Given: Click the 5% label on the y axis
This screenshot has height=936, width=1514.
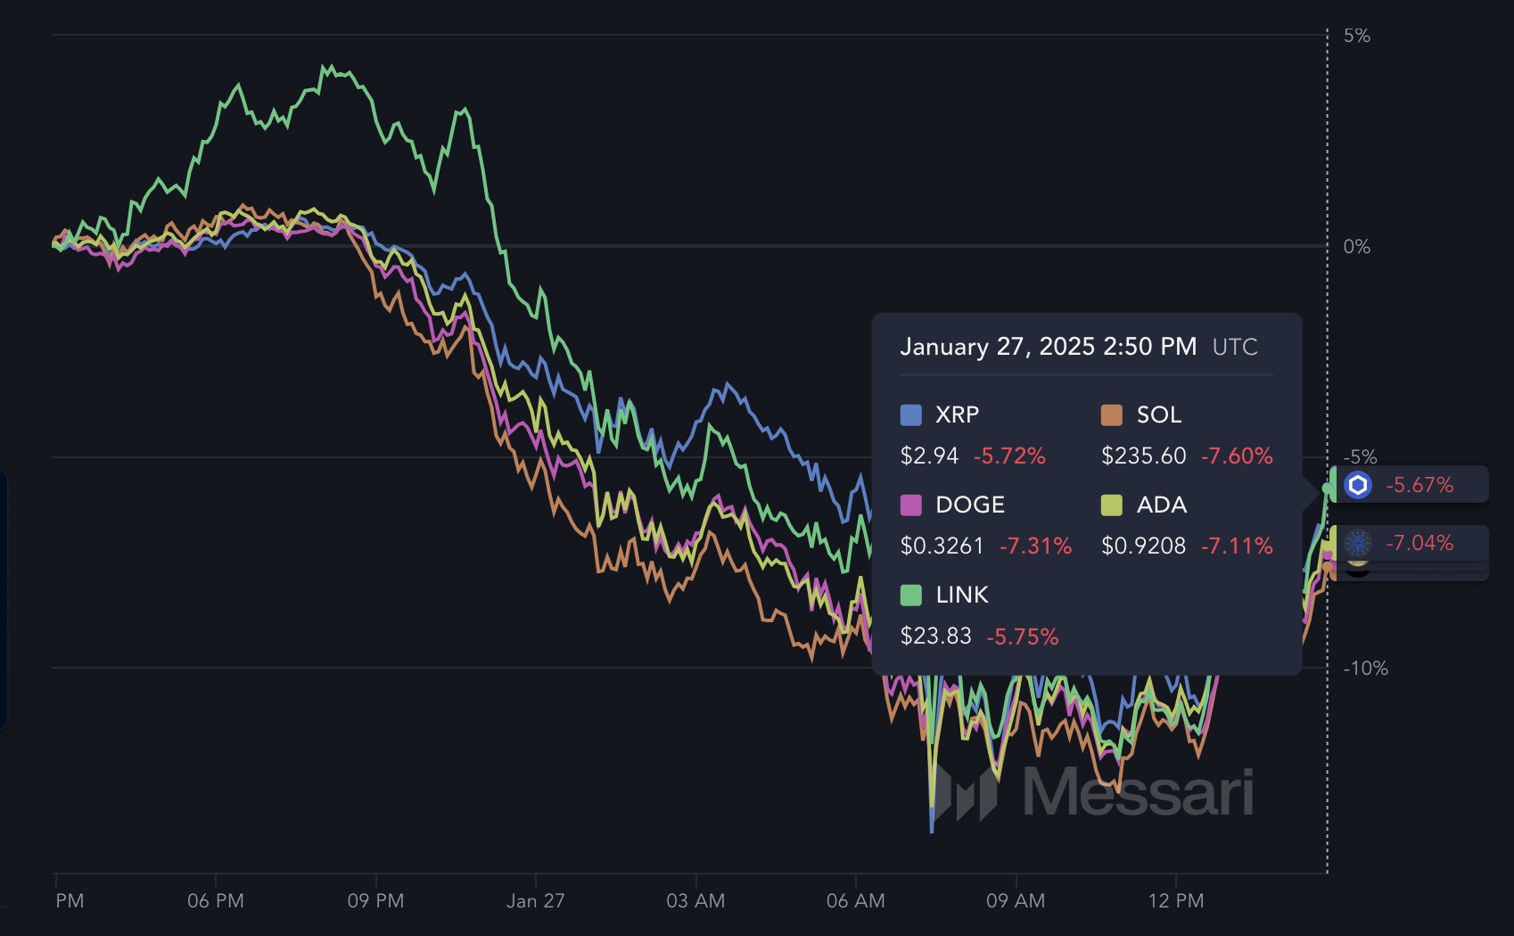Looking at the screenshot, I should tap(1356, 36).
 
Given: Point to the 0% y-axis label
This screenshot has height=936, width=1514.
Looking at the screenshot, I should tap(1356, 247).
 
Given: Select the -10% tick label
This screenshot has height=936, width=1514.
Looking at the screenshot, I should tap(1365, 669).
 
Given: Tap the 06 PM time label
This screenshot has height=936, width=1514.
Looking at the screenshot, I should tap(216, 901).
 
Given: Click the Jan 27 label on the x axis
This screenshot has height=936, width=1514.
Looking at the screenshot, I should tap(535, 901).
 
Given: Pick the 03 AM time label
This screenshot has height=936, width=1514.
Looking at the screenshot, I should tap(695, 901).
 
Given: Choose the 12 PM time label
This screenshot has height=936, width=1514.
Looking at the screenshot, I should tap(1176, 901).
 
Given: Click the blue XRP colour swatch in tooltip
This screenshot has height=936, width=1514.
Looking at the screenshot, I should tap(911, 415).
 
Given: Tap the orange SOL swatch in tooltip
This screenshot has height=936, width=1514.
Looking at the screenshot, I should tap(1112, 415).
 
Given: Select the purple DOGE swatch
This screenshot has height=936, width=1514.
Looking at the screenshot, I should tap(911, 505).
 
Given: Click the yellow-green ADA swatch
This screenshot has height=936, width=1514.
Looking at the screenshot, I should tap(1112, 505).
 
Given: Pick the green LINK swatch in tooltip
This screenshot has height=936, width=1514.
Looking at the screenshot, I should tap(911, 595).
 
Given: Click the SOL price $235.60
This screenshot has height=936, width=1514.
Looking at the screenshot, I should tap(1144, 456).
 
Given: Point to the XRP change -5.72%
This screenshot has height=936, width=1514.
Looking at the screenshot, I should tap(1009, 456).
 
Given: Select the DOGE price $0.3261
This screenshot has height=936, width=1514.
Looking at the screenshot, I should tap(942, 546).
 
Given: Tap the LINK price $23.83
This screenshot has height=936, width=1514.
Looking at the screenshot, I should tap(935, 636).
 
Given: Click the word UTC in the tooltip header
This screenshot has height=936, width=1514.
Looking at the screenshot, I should tap(1235, 347).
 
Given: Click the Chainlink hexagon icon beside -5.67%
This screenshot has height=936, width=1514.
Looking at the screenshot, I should tap(1358, 485).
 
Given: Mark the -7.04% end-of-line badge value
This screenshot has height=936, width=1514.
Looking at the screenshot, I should tap(1419, 543).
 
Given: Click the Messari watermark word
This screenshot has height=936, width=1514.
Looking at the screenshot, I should tap(1138, 792).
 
